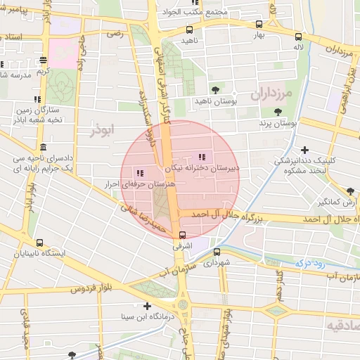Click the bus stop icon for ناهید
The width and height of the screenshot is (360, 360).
(x=189, y=30)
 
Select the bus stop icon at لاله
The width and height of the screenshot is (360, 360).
(x=299, y=37)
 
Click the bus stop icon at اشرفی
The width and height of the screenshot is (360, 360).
(x=183, y=236)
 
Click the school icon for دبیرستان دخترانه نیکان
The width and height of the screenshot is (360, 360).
(x=203, y=157)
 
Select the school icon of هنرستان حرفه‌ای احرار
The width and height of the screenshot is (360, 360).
(x=140, y=172)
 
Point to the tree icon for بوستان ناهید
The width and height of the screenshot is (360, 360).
(x=214, y=89)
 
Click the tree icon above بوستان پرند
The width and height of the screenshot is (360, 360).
(x=278, y=111)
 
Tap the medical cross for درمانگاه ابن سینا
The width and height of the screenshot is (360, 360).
(x=147, y=306)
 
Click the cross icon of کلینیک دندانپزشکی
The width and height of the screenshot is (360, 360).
(x=304, y=149)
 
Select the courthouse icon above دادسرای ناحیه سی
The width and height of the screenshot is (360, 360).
(x=44, y=148)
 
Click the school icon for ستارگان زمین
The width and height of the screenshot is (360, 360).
(x=37, y=99)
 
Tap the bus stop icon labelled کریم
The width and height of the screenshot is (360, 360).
(x=44, y=60)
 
